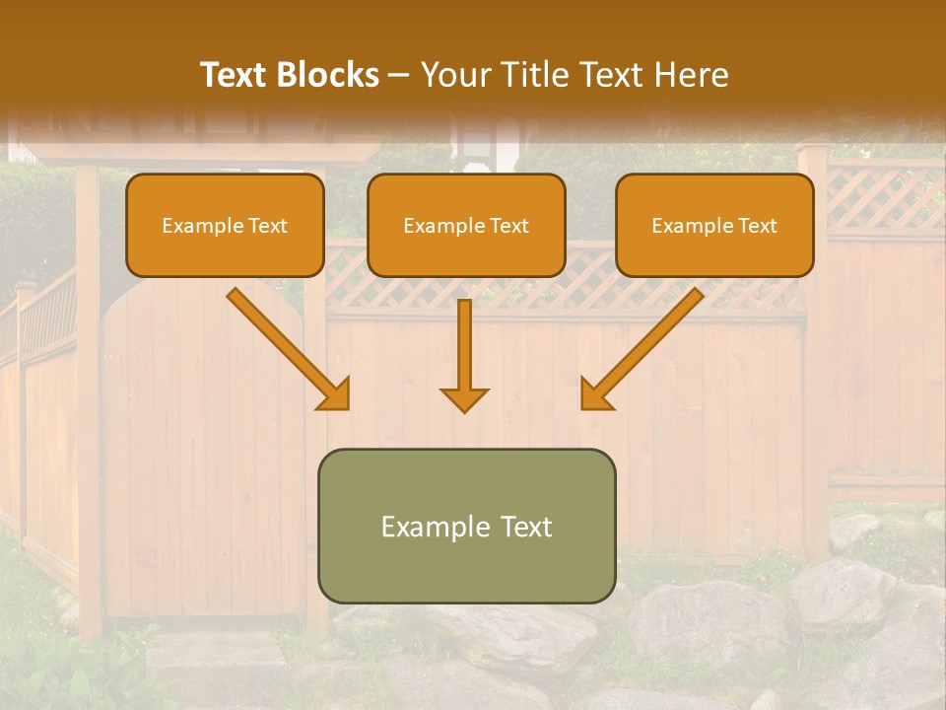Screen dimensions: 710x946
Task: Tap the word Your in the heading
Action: (x=451, y=75)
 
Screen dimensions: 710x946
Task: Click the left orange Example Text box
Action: (x=225, y=225)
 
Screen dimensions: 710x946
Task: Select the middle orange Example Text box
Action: (x=466, y=225)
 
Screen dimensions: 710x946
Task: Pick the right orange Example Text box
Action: (x=714, y=225)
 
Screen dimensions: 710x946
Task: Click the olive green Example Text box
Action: (x=466, y=526)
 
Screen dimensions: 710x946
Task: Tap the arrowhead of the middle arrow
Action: (x=464, y=398)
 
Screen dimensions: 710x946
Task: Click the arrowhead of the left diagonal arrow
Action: (x=335, y=394)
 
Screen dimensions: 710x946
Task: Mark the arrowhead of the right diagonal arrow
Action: (x=595, y=394)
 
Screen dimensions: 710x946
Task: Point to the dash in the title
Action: (x=399, y=76)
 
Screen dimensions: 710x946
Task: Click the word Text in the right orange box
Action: (x=757, y=226)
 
